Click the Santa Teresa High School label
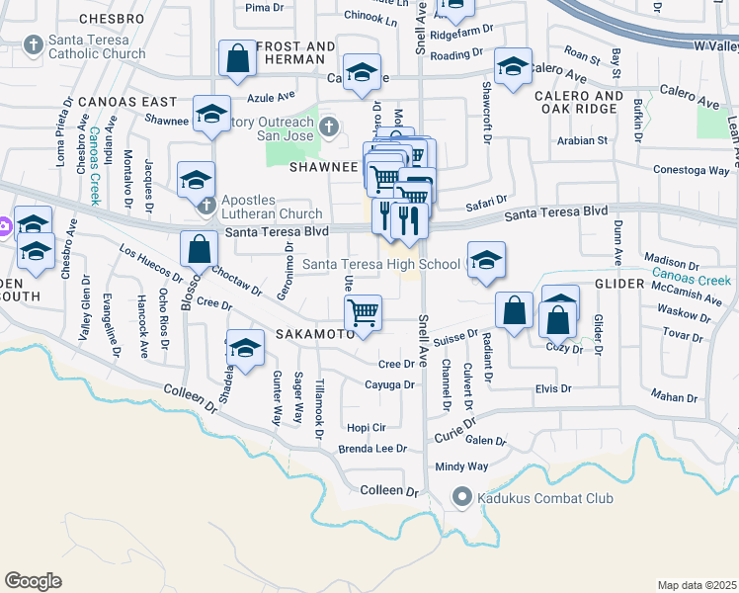point(380,264)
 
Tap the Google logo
point(33,581)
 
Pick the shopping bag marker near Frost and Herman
point(238,59)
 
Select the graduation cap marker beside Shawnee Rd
point(212,114)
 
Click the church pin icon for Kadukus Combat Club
point(460,498)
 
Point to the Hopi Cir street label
point(365,427)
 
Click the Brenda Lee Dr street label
point(372,449)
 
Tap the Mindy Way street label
point(462,466)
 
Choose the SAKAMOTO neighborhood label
point(314,336)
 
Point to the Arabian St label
point(582,140)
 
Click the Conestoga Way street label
point(692,170)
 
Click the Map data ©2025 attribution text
point(698,585)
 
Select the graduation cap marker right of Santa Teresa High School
point(485,261)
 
